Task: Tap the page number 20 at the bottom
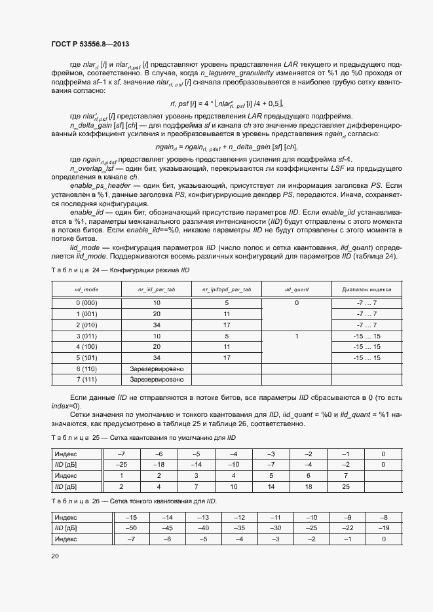point(54,556)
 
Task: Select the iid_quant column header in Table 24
point(296,288)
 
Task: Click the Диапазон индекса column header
point(366,288)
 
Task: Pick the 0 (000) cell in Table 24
point(86,303)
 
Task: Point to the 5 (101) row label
point(86,358)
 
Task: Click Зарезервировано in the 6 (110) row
point(157,369)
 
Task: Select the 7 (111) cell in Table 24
point(86,380)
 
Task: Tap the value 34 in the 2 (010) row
point(157,325)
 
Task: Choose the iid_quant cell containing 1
point(296,336)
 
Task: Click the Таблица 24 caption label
point(69,270)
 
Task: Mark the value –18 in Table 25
point(158,464)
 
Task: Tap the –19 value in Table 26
point(383,528)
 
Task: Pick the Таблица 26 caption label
point(69,501)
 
